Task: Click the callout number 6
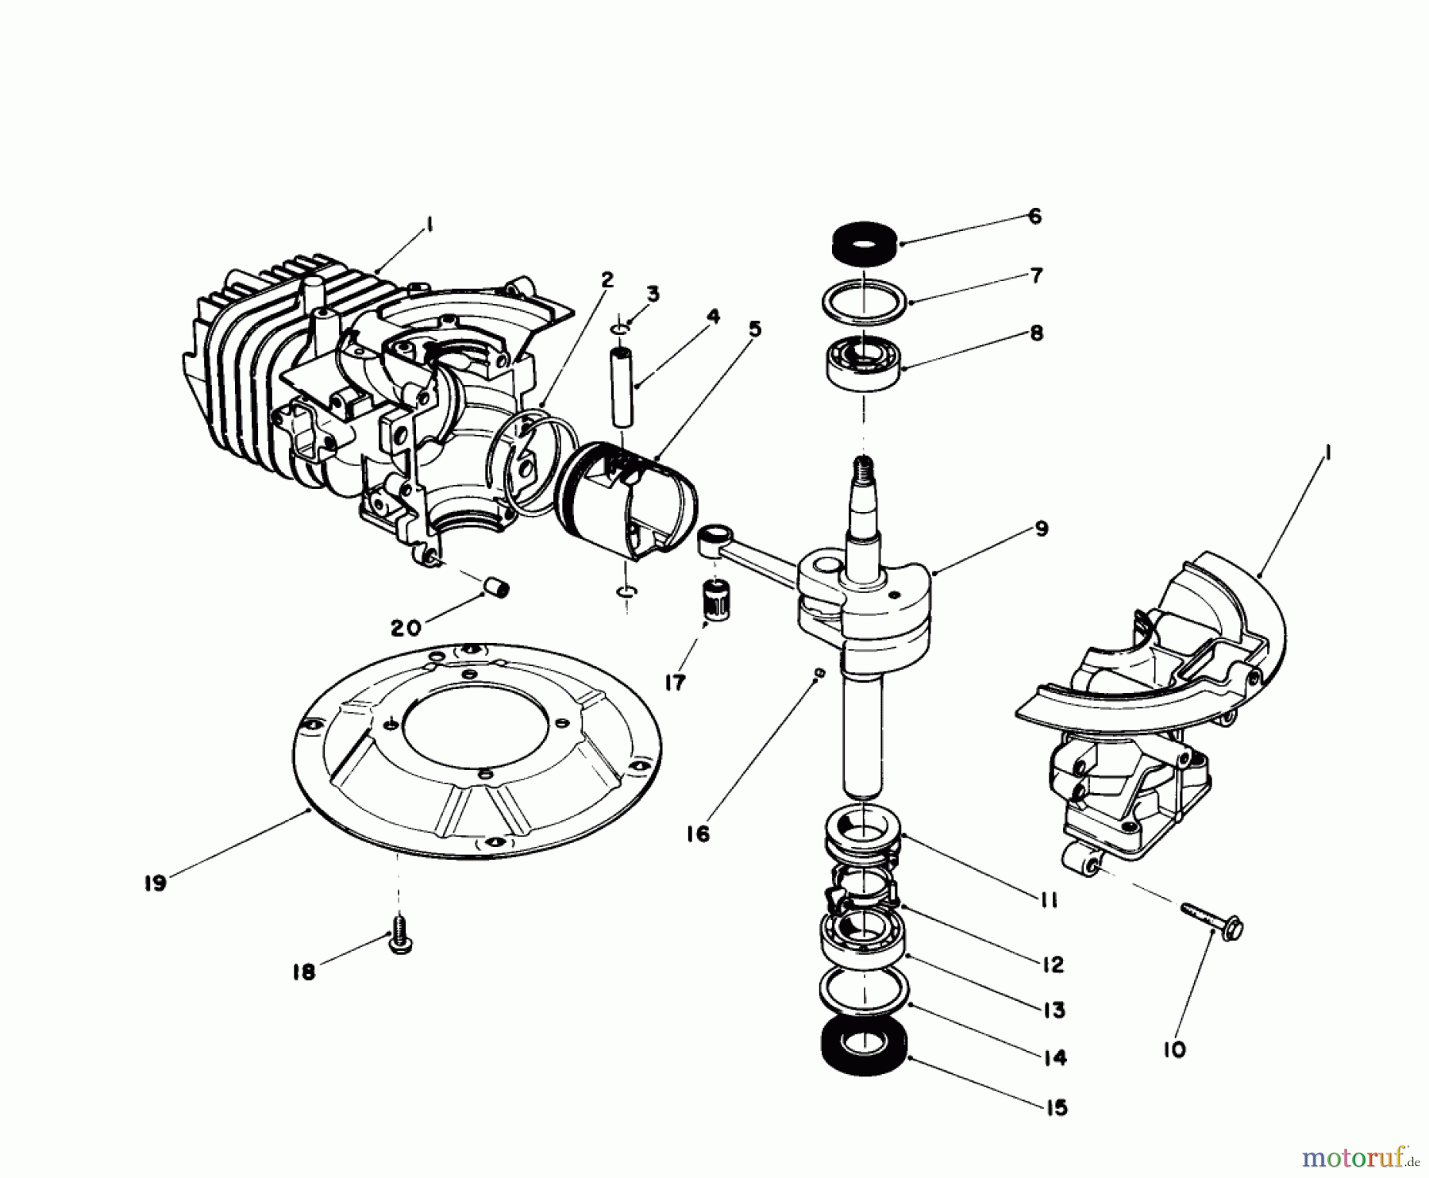click(x=1034, y=217)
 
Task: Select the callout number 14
click(x=1056, y=1058)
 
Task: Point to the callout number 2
click(x=607, y=280)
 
